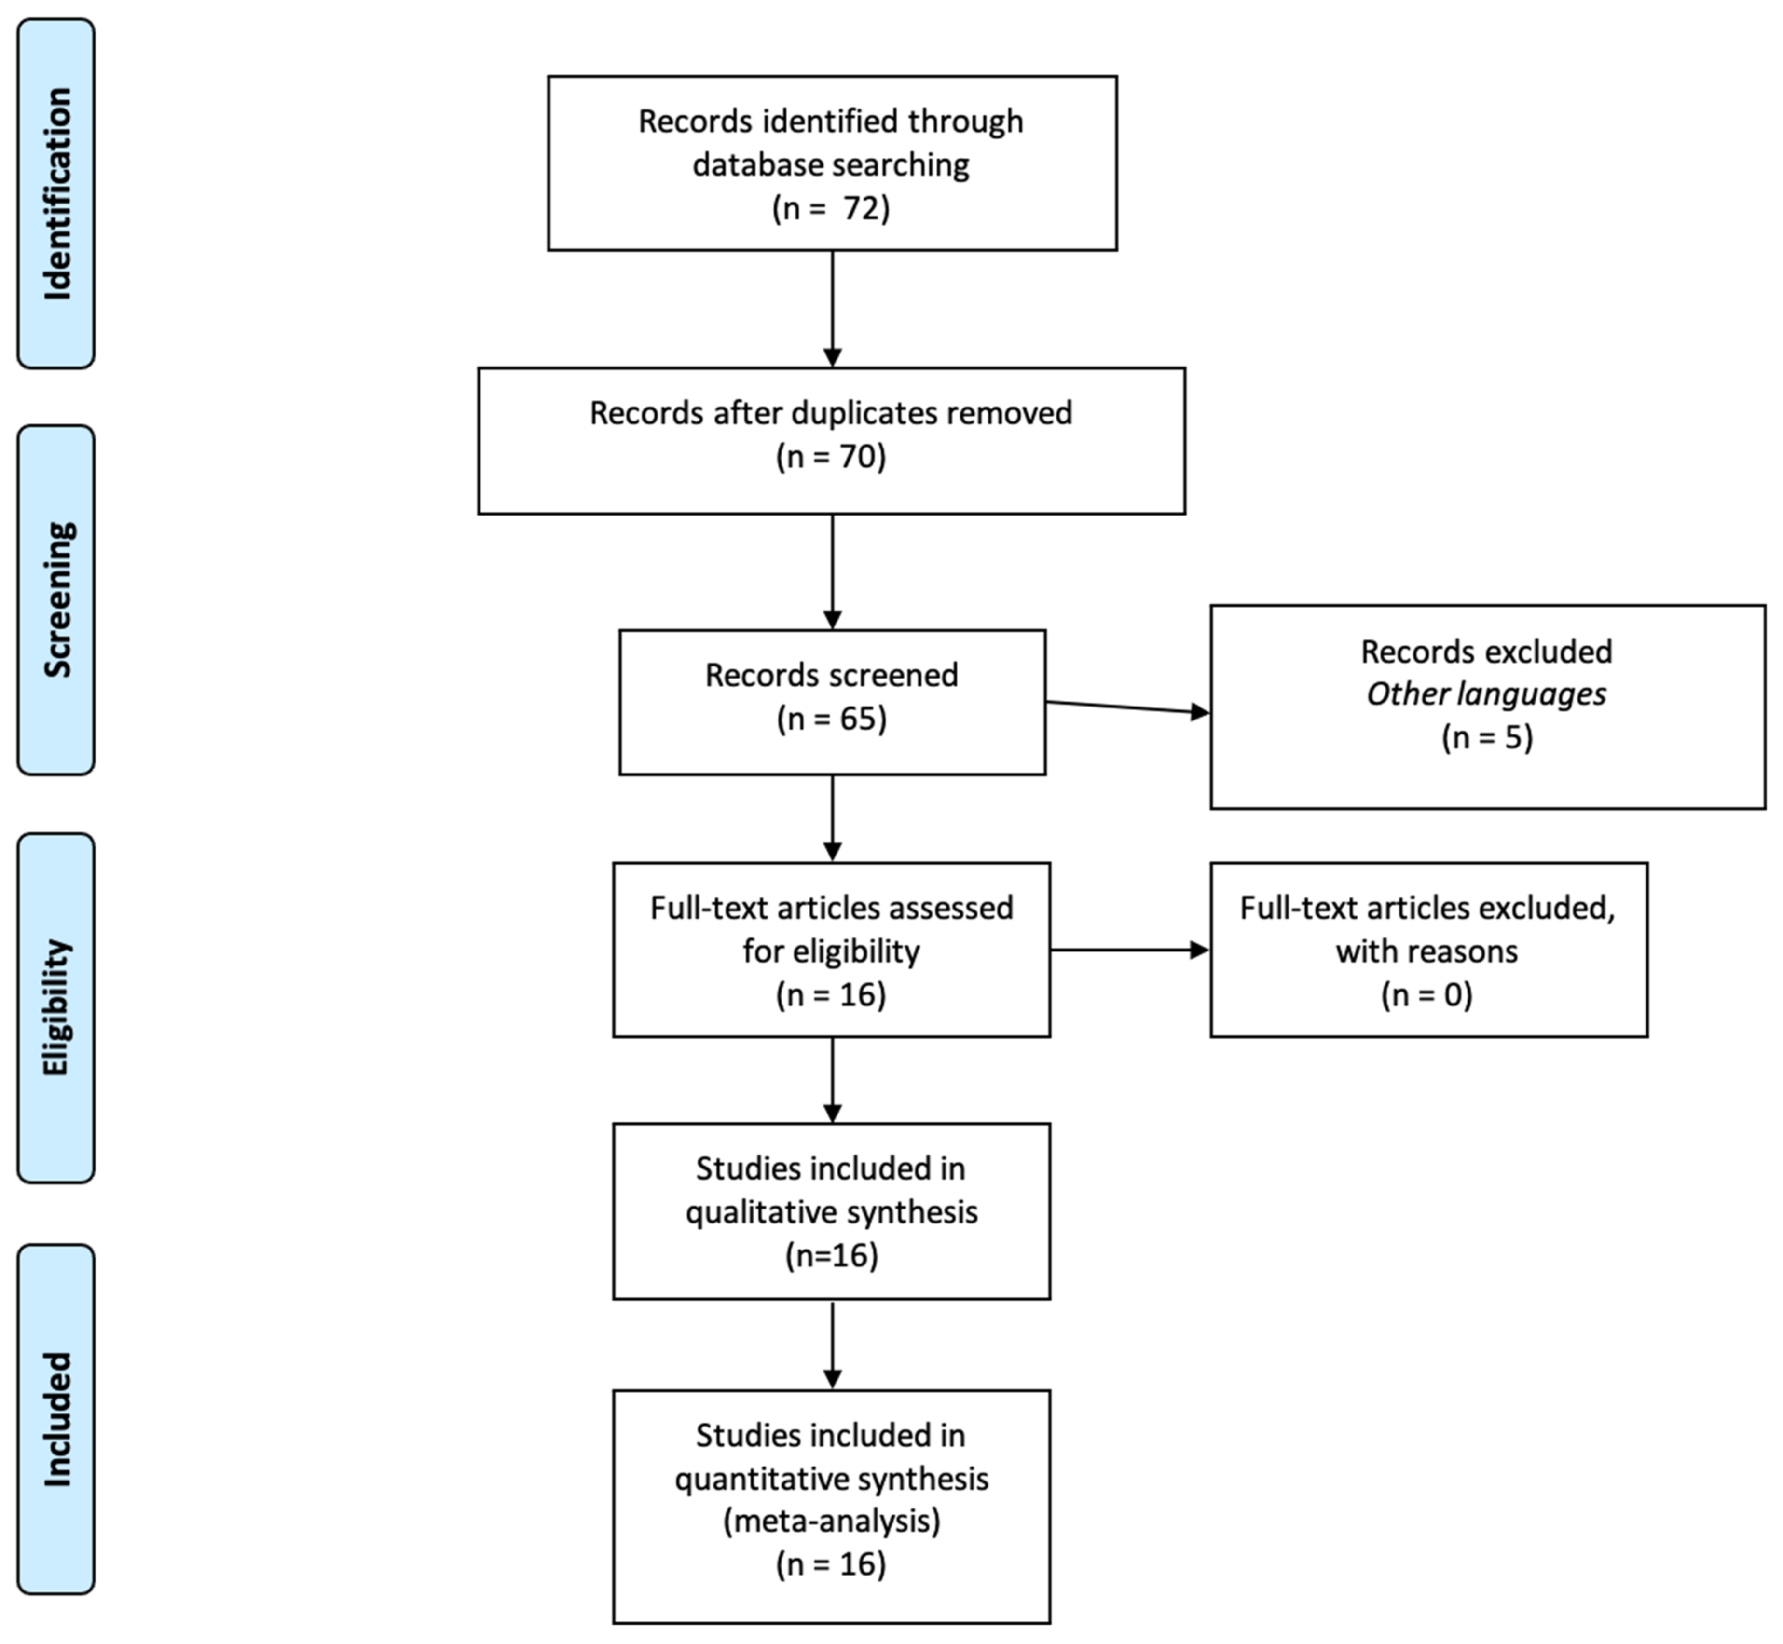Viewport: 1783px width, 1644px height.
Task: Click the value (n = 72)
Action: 831,208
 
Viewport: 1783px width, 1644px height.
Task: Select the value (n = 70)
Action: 831,456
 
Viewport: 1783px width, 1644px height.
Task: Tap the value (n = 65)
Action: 831,719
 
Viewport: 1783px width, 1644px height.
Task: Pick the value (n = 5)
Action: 1487,737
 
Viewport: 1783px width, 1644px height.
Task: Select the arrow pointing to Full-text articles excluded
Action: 1128,950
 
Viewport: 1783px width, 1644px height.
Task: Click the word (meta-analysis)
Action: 831,1521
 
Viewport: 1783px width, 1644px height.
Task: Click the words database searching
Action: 831,164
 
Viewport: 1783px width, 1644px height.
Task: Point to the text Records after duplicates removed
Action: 831,413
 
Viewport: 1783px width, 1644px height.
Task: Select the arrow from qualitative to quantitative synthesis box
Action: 832,1343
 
